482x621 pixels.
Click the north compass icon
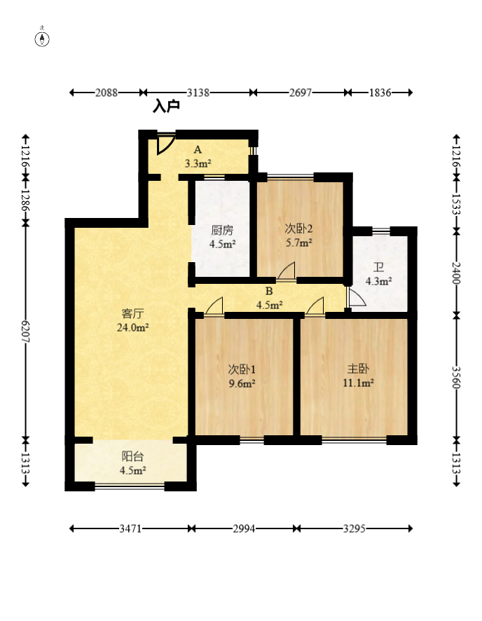pyautogui.click(x=42, y=39)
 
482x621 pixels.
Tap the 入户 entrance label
pyautogui.click(x=166, y=106)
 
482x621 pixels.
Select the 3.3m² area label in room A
pyautogui.click(x=198, y=163)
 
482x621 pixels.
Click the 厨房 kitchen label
pyautogui.click(x=222, y=230)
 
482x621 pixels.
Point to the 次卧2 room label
pyautogui.click(x=298, y=228)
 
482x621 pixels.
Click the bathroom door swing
pyautogui.click(x=356, y=297)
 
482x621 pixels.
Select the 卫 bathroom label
pyautogui.click(x=379, y=267)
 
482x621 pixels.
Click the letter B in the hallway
pyautogui.click(x=269, y=292)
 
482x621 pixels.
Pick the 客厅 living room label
pyautogui.click(x=132, y=314)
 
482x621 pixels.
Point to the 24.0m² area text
pyautogui.click(x=132, y=327)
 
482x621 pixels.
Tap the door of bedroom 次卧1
pyautogui.click(x=214, y=307)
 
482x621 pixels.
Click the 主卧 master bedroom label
pyautogui.click(x=358, y=369)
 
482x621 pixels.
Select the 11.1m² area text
pyautogui.click(x=358, y=383)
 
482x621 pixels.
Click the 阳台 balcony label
pyautogui.click(x=132, y=456)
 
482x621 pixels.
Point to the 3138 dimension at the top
pyautogui.click(x=198, y=93)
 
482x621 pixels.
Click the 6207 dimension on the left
pyautogui.click(x=26, y=331)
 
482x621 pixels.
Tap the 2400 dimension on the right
pyautogui.click(x=456, y=273)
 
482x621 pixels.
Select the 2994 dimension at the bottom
pyautogui.click(x=244, y=528)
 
